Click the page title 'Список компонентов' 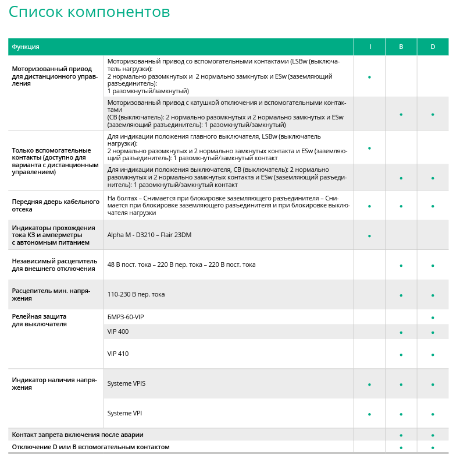(90, 12)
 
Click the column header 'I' (370, 47)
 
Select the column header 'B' (401, 47)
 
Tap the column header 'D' (433, 47)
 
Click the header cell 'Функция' (26, 47)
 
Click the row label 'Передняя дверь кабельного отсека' (56, 206)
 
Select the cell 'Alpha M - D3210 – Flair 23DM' (149, 235)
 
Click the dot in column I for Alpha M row (370, 236)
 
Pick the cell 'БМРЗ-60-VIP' (126, 317)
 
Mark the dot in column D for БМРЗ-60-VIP (433, 318)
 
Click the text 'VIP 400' (118, 331)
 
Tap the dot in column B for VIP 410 (401, 355)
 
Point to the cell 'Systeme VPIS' (126, 383)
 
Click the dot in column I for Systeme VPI (370, 414)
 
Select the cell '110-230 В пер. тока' (136, 294)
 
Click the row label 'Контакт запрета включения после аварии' (77, 435)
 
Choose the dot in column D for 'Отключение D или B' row (433, 447)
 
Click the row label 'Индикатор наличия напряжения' (53, 383)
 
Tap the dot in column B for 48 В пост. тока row (401, 266)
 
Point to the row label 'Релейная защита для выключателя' (40, 320)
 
